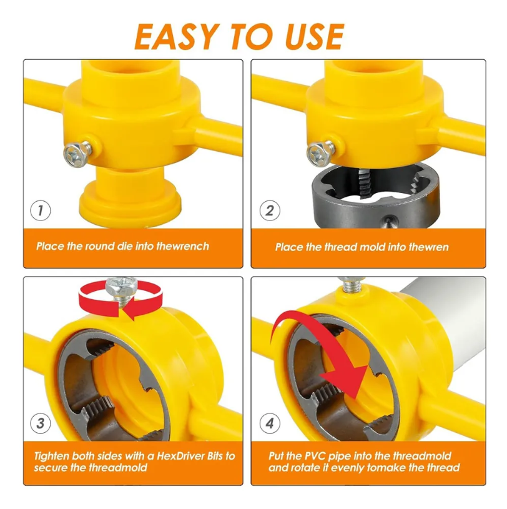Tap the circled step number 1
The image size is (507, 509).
pos(41,210)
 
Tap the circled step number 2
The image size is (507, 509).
pos(269,210)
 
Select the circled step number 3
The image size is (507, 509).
pos(41,423)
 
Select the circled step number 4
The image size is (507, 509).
pos(269,423)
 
